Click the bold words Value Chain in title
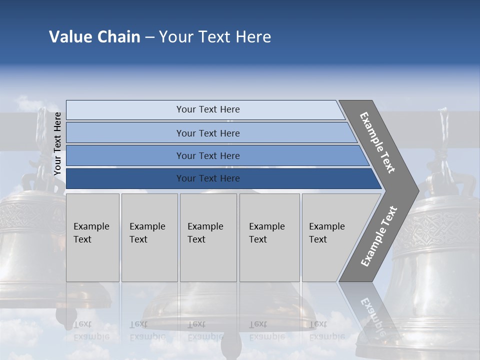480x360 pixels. (94, 37)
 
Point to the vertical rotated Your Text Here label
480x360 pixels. (58, 144)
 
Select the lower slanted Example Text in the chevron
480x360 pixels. (379, 236)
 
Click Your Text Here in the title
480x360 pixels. (215, 37)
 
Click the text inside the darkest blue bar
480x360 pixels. (208, 178)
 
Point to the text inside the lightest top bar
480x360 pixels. (208, 109)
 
